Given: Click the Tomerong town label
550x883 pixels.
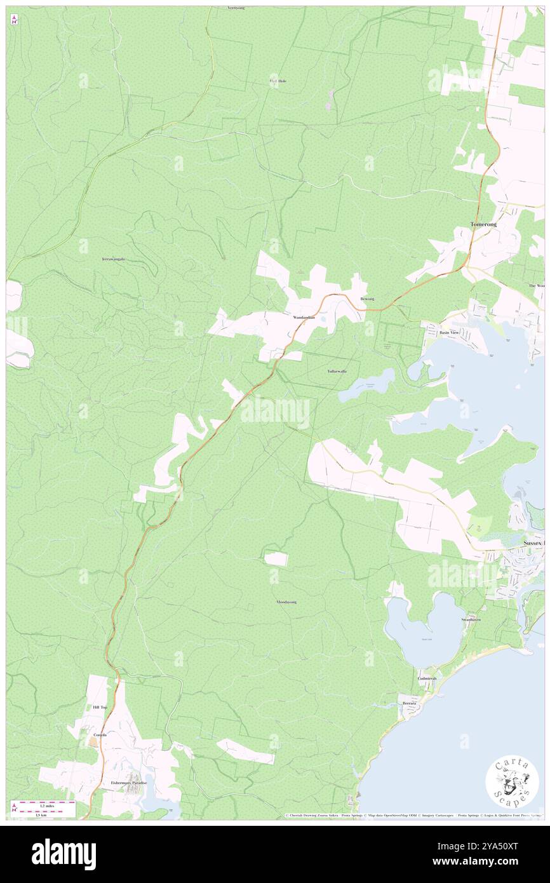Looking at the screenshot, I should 483,225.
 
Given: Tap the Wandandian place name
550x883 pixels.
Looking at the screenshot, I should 304,317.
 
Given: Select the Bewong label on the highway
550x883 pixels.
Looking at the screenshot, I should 367,299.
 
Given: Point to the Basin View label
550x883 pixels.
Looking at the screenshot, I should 450,333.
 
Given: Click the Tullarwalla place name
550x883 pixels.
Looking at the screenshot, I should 337,371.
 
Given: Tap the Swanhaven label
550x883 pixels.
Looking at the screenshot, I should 471,619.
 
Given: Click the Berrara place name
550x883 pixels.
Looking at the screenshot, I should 408,703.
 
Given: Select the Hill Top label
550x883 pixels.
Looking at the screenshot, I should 100,707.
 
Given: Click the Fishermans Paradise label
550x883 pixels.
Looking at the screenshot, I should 129,783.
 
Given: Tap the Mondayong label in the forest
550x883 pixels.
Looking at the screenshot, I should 286,602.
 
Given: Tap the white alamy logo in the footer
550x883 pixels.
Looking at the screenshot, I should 64,854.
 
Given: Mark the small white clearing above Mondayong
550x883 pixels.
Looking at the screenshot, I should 276,559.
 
